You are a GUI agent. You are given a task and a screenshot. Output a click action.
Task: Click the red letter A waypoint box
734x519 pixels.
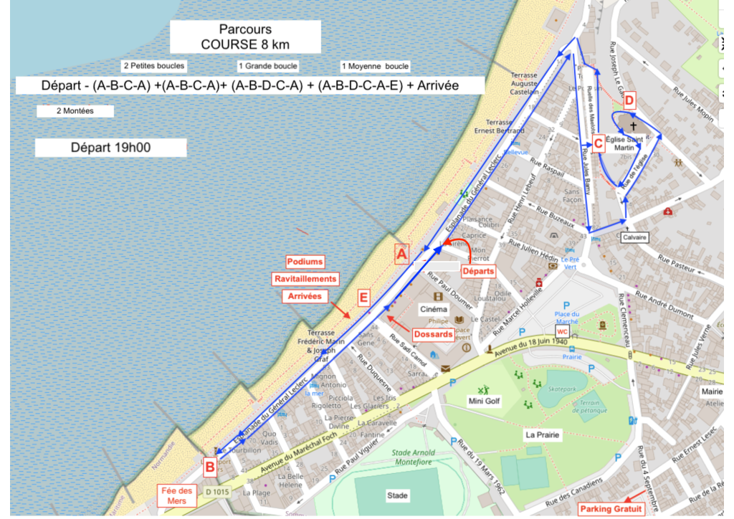tap(402, 254)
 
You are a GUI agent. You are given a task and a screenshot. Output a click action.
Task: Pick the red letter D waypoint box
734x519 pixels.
tap(629, 100)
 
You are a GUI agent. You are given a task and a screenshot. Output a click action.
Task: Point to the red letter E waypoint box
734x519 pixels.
tap(363, 297)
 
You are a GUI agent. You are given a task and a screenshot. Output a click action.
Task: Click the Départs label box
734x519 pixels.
tap(477, 272)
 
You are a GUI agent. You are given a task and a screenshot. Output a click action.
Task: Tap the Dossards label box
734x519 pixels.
tap(433, 334)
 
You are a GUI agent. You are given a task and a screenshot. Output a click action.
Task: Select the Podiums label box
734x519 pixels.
tap(305, 262)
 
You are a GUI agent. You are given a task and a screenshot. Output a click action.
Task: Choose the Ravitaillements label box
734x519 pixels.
tap(305, 279)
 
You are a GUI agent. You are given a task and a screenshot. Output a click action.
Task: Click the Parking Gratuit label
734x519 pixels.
tap(611, 509)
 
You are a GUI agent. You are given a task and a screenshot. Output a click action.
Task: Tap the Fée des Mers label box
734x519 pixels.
tap(176, 495)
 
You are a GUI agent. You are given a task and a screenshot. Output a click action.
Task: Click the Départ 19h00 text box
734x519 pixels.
tap(110, 148)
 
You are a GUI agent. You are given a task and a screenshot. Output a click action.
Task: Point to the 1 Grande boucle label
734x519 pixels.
tap(267, 66)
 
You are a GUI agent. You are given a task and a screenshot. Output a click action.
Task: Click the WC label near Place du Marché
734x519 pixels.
tap(562, 332)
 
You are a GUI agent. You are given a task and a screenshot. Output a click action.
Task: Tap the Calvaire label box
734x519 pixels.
tap(634, 236)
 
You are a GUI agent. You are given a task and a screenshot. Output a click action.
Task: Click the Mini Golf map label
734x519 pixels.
tap(484, 401)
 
